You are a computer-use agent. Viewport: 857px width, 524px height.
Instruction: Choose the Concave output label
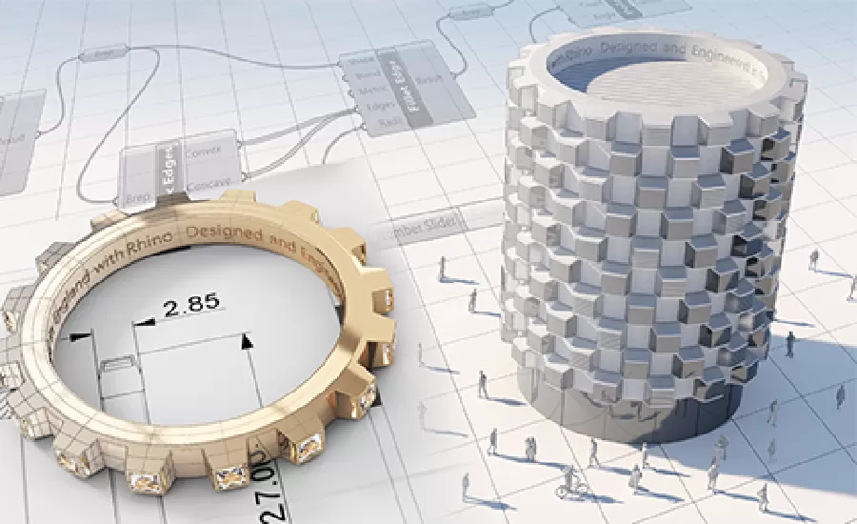pyautogui.click(x=205, y=184)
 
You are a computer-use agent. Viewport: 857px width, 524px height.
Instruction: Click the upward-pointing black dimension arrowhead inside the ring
pyautogui.click(x=248, y=340)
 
